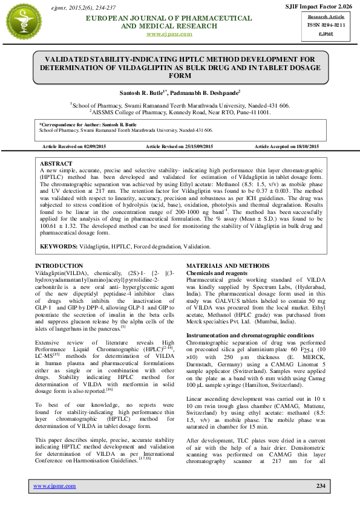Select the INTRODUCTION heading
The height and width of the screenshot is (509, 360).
tap(59, 266)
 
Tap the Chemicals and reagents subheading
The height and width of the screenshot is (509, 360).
tap(216, 273)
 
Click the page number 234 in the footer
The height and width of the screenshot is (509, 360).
tap(321, 486)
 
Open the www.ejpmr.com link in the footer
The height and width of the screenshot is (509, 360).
tap(54, 486)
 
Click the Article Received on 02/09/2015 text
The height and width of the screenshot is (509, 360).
tap(74, 147)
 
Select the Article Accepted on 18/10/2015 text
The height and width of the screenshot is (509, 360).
tap(287, 147)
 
